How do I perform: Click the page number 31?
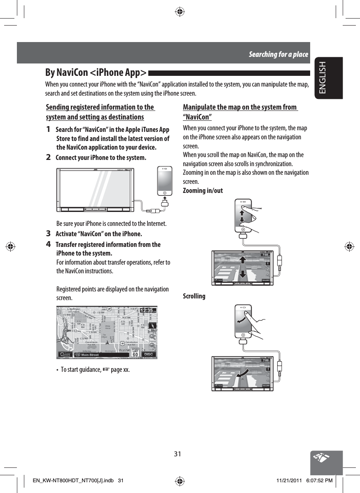click(178, 454)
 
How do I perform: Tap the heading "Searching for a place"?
click(278, 54)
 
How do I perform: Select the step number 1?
click(49, 130)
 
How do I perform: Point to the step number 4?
click(49, 244)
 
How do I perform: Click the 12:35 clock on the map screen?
click(148, 311)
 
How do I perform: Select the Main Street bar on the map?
click(95, 354)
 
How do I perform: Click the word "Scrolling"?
click(194, 296)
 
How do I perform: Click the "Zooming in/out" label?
click(203, 190)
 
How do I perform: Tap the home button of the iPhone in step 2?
click(165, 192)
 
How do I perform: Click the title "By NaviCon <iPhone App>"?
click(96, 73)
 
